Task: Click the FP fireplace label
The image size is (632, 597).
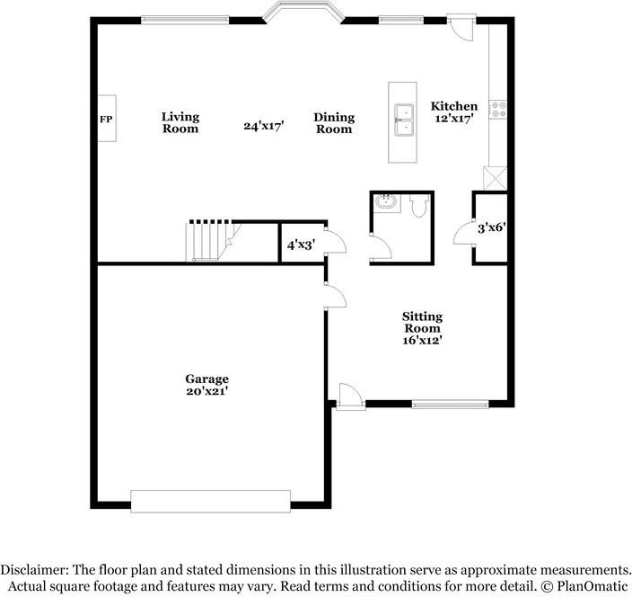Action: point(106,119)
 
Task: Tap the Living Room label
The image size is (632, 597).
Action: point(180,122)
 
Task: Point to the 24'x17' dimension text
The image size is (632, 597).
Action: point(264,126)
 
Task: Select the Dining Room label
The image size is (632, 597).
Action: point(334,123)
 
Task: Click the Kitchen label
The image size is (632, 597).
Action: point(454,106)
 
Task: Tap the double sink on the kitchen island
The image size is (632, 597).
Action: point(404,120)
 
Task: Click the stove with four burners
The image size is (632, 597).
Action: point(497,110)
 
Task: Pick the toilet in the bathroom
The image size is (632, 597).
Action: point(419,206)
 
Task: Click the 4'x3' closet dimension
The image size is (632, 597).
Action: point(301,245)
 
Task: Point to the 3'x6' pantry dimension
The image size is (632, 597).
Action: point(492,228)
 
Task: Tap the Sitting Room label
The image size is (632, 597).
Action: point(423,322)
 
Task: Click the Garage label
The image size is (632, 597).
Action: point(207,379)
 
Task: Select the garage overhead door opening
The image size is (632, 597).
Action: point(210,502)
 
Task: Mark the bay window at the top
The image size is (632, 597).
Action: point(303,12)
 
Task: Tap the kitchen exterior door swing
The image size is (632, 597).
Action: point(462,27)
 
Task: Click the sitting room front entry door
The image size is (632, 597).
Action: point(350,397)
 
